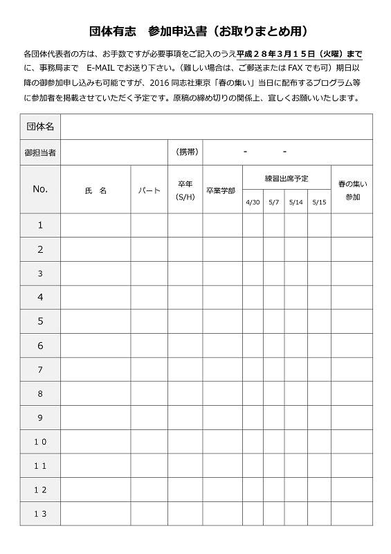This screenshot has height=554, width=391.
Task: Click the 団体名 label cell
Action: (40, 127)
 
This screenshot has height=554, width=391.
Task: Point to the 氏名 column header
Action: (96, 190)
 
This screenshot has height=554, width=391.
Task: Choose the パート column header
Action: (149, 190)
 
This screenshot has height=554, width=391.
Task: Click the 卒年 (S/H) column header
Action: (185, 190)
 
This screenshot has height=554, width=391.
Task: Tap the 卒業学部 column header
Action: (220, 190)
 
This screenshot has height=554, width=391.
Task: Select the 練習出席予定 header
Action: (286, 178)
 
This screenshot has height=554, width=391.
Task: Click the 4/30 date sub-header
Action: (252, 202)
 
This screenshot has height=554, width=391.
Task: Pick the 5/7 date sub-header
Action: (273, 202)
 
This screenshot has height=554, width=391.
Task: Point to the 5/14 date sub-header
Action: (295, 202)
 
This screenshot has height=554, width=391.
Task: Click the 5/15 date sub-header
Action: (318, 202)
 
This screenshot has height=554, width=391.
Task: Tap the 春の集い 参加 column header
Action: (352, 190)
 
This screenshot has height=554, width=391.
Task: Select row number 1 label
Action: (40, 225)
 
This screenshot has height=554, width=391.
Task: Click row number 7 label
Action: (40, 370)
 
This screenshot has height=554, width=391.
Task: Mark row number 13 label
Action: (40, 514)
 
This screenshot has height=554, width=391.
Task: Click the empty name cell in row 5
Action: (96, 321)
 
